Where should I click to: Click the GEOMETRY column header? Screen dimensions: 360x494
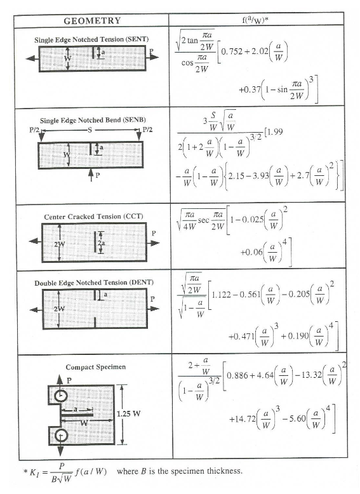(92, 20)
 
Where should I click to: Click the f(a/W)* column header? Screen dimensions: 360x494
(258, 20)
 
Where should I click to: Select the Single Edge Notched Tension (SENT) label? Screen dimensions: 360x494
(92, 39)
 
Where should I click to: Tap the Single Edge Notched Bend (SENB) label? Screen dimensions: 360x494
(91, 120)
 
